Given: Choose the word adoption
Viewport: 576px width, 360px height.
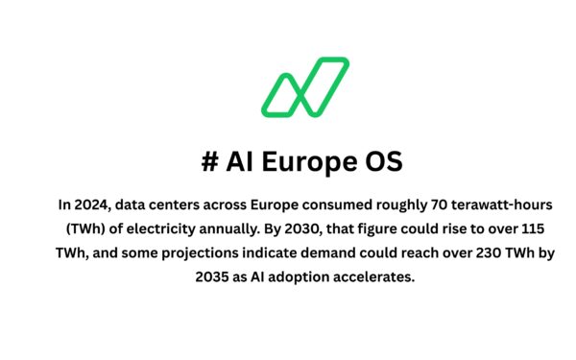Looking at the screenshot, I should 298,276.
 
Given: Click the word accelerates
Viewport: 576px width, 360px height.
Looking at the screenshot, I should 380,276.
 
